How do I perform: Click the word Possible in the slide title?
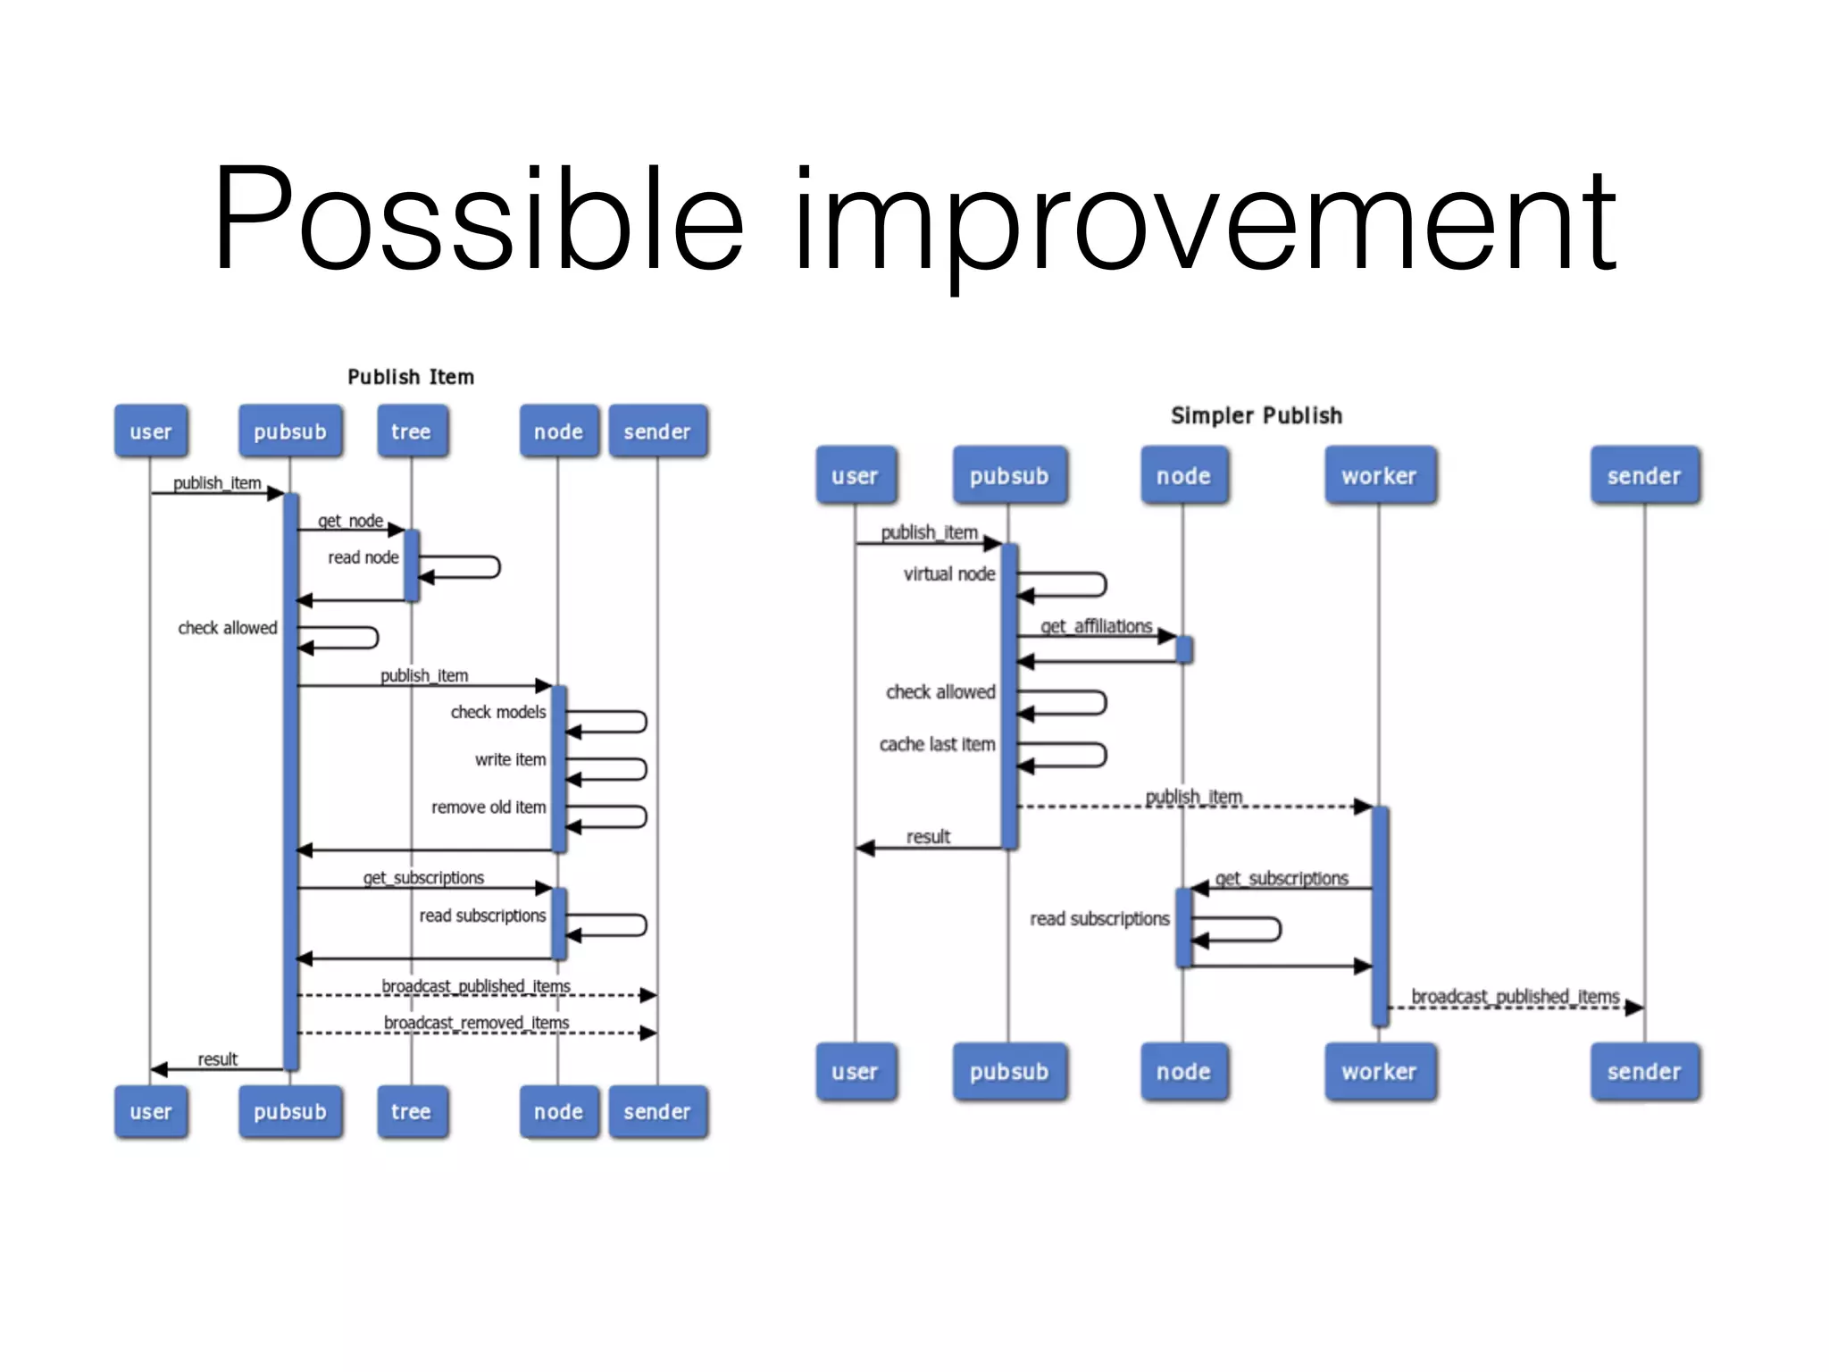point(478,219)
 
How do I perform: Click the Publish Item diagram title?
point(411,377)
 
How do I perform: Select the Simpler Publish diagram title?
point(1256,415)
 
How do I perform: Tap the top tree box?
point(412,431)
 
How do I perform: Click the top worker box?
point(1379,476)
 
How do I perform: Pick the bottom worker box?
point(1379,1071)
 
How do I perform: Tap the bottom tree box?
point(412,1111)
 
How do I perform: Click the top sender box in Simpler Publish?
point(1643,476)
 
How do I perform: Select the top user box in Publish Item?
point(151,431)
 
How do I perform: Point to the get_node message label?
point(350,521)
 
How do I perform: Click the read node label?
point(363,557)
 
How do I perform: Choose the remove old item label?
point(489,807)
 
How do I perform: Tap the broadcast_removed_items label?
point(476,1022)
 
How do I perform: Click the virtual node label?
point(948,574)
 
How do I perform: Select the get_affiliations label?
point(1096,626)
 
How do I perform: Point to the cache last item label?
point(937,744)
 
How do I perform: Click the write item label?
point(510,759)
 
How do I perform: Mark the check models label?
point(497,712)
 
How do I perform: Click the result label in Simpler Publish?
point(928,837)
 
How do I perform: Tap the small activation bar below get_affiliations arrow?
point(1184,649)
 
